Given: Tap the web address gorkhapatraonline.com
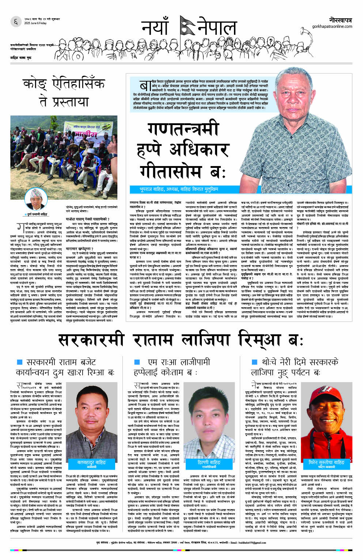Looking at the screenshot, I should (x=332, y=26).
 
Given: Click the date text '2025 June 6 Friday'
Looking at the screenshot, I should (x=35, y=23).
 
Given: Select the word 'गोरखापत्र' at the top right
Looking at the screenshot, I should (x=340, y=19).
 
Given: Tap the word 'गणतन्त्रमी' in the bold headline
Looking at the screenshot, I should (x=183, y=129).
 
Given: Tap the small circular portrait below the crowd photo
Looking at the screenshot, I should (x=36, y=199).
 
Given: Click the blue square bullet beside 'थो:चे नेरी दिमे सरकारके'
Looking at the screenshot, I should (x=255, y=362).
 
